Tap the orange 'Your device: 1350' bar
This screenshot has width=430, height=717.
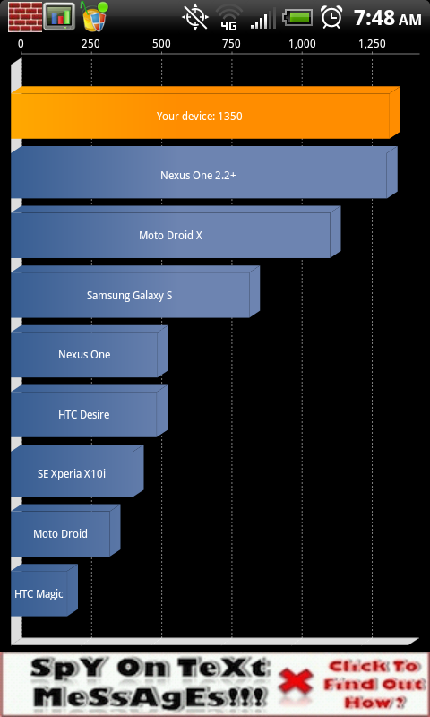click(205, 113)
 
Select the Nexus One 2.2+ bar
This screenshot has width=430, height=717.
click(204, 173)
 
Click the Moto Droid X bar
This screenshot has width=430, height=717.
click(176, 232)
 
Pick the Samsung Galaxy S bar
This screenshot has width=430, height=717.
click(135, 292)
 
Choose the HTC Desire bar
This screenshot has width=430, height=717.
click(89, 411)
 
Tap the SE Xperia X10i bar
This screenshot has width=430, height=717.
click(77, 471)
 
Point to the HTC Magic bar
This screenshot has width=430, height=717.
click(44, 591)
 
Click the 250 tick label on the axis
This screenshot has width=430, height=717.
click(91, 44)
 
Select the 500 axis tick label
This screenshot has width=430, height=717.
click(162, 44)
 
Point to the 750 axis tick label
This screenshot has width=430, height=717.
click(231, 44)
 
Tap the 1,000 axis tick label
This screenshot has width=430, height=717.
click(302, 44)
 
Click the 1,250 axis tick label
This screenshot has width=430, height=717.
click(372, 44)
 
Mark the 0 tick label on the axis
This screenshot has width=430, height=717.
click(21, 44)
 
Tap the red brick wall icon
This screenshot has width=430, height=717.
click(25, 17)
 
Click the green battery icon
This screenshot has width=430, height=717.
click(298, 18)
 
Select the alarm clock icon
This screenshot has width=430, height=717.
click(331, 17)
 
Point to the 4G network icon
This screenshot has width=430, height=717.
click(229, 18)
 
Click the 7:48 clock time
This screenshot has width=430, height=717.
click(374, 18)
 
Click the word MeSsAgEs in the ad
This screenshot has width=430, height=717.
click(149, 697)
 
